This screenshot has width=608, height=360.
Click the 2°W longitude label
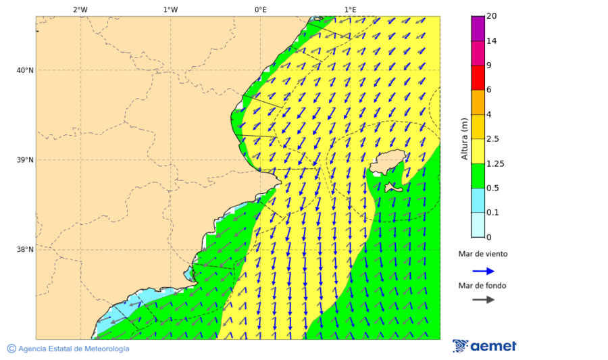(80, 9)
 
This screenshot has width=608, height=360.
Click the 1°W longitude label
(170, 9)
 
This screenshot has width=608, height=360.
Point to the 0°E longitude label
(260, 9)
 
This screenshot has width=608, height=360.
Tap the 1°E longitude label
(351, 9)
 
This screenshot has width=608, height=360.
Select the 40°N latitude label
(25, 70)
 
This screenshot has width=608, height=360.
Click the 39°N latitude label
(25, 160)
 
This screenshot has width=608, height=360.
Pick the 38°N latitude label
(25, 250)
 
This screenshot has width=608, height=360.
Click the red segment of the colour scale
(478, 77)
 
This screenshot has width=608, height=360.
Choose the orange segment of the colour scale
(478, 102)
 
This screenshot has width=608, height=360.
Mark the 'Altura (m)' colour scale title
(465, 139)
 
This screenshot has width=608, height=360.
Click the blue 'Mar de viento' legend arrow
(483, 271)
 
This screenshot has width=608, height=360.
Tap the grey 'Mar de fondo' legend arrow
(483, 300)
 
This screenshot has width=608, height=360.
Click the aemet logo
(484, 346)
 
